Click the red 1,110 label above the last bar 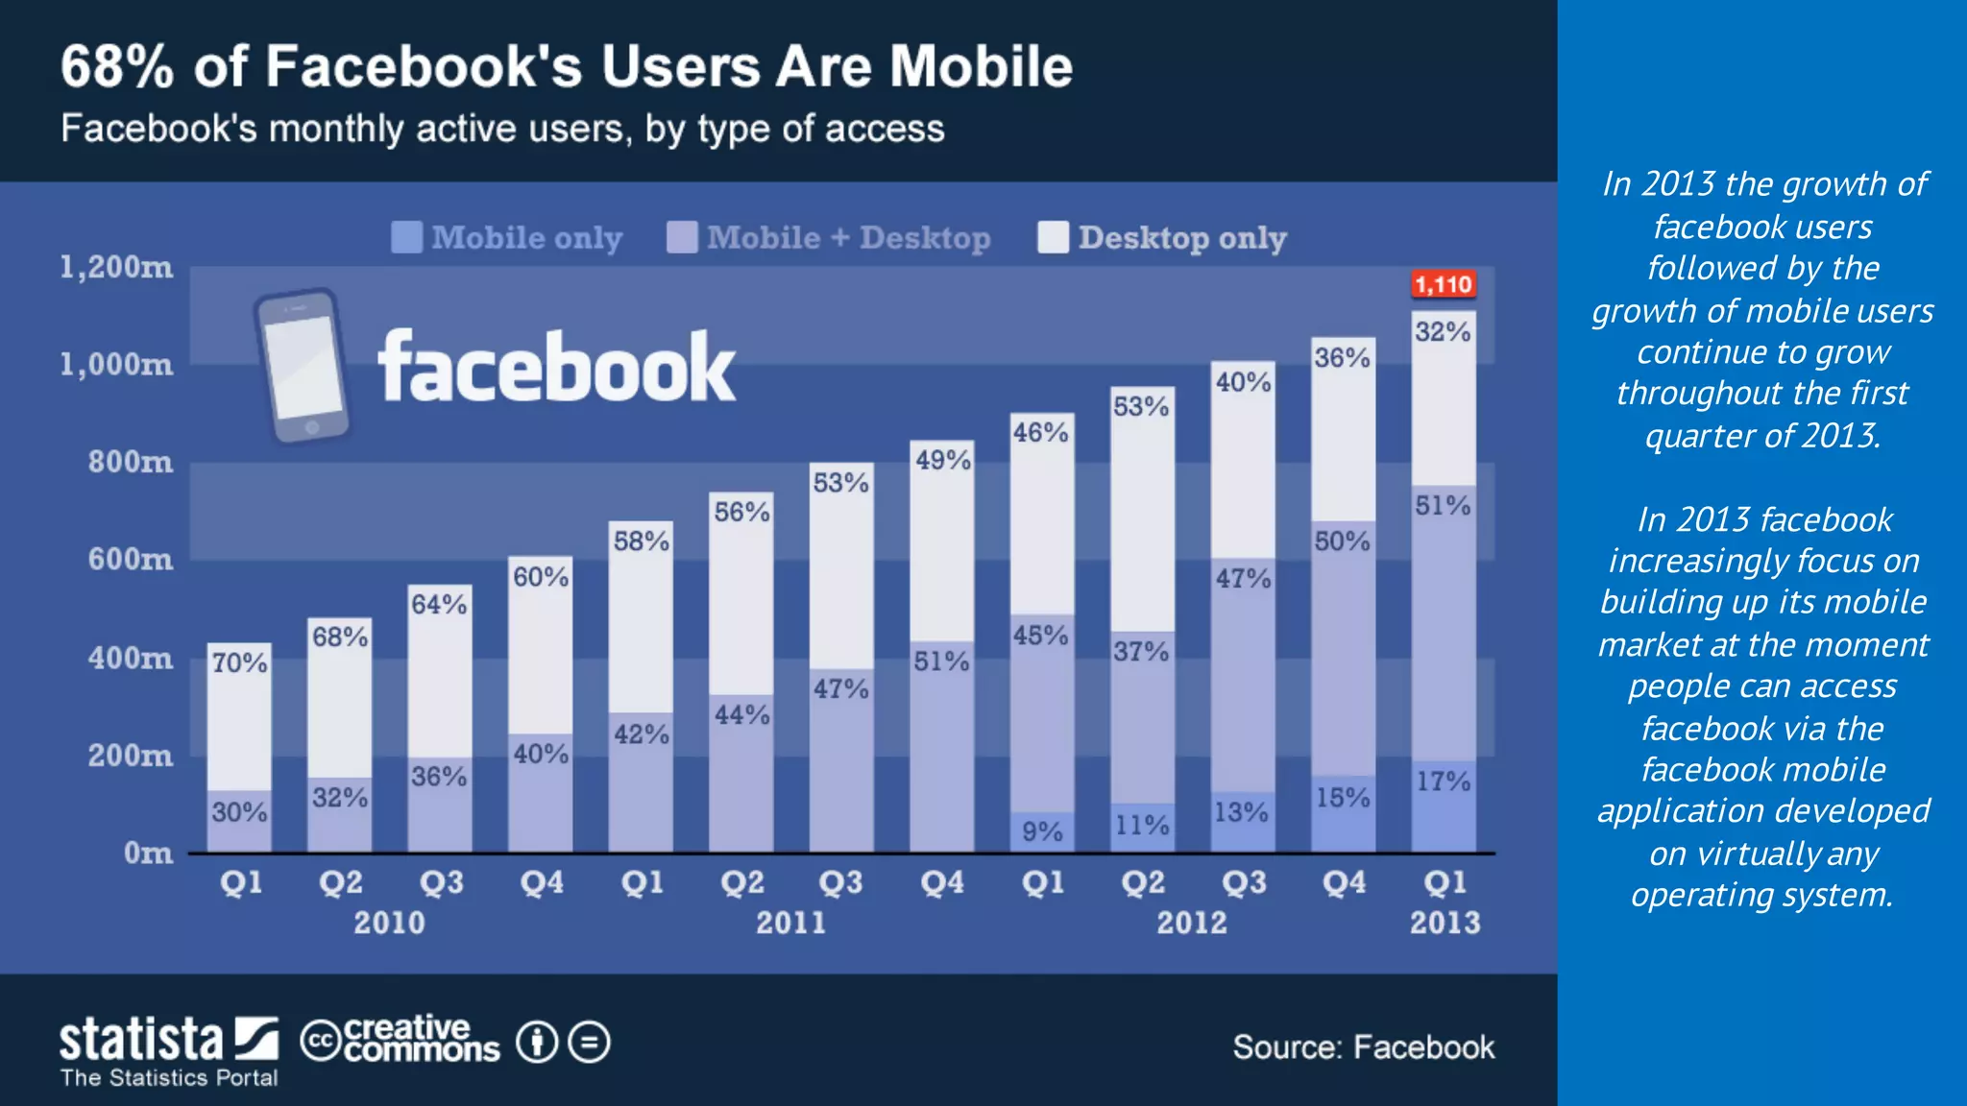coord(1443,284)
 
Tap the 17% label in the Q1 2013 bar coord(1443,781)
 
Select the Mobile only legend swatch coord(406,237)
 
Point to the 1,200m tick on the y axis coord(116,267)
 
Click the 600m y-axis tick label coord(131,559)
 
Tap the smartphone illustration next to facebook coord(302,367)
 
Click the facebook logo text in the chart coord(557,369)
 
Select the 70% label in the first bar coord(239,662)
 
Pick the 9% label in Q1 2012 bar coord(1042,831)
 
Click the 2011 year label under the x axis coord(790,923)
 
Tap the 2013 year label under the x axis coord(1445,923)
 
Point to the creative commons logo coord(401,1041)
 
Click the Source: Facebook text coord(1363,1047)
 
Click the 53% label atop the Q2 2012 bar coord(1141,407)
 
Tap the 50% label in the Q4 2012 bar coord(1342,541)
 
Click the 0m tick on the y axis coord(148,853)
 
